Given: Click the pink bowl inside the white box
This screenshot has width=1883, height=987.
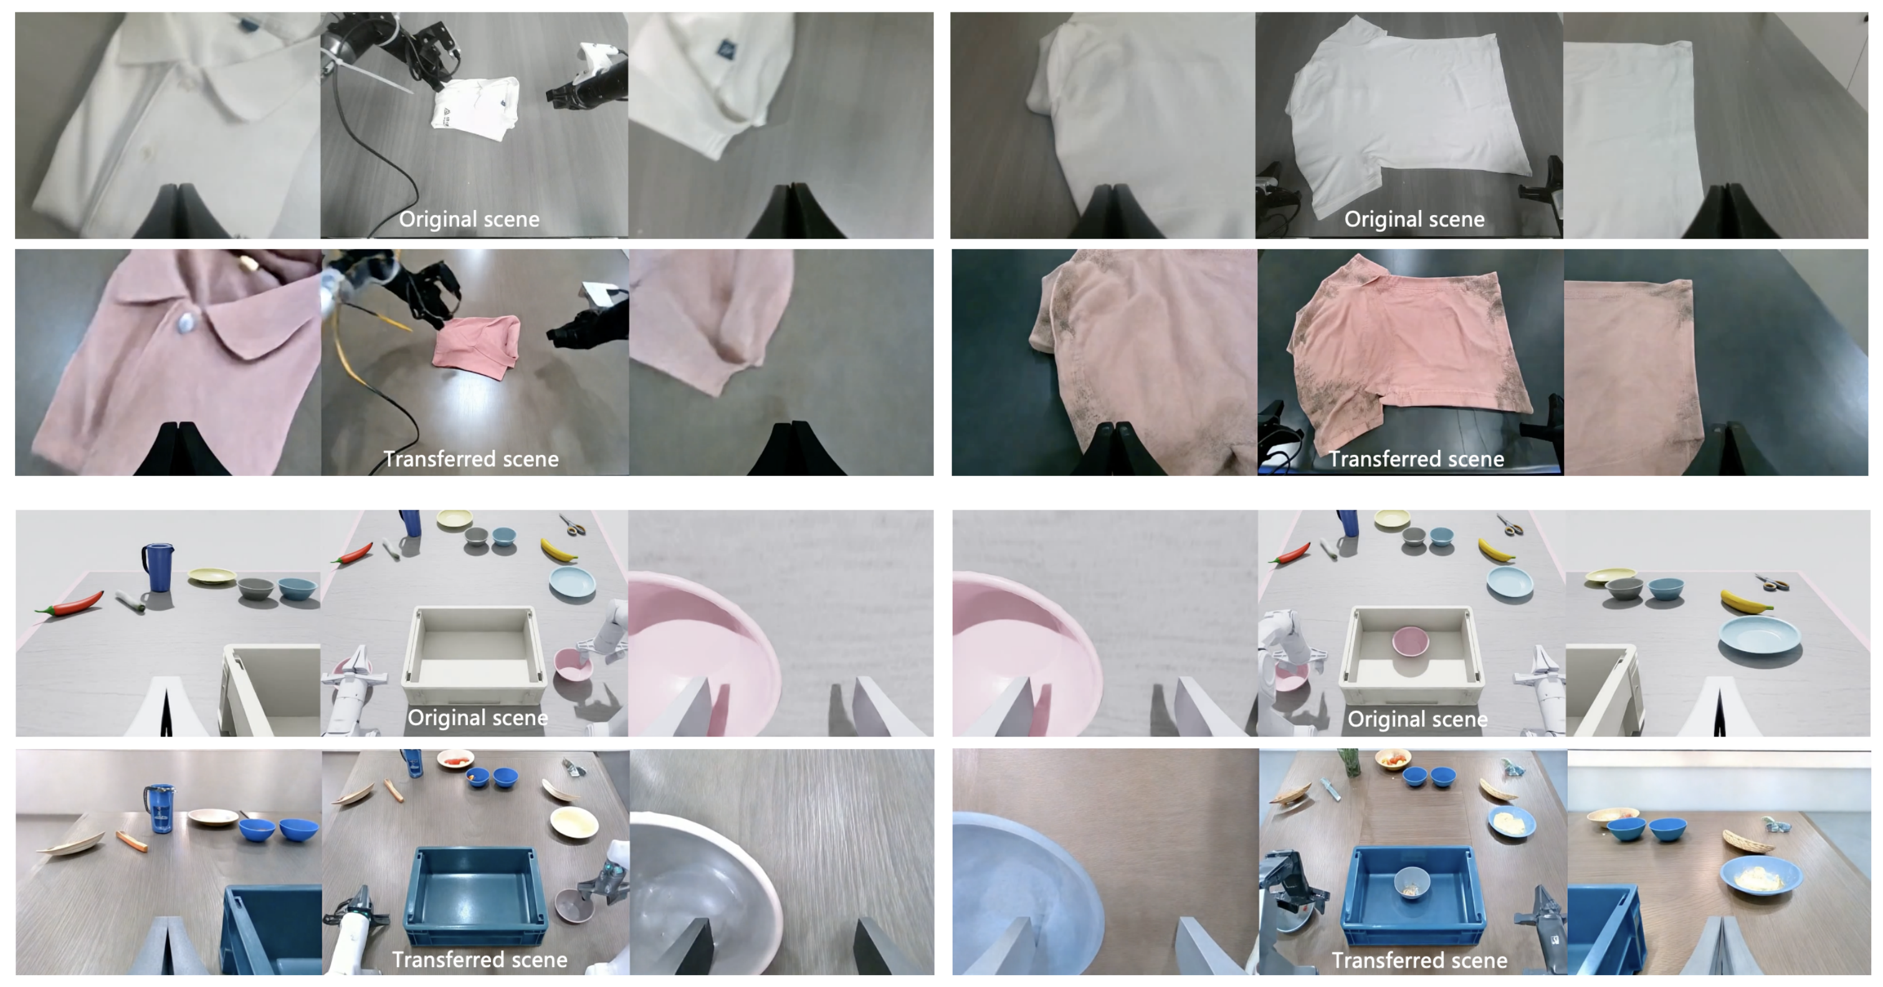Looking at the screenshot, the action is (1410, 641).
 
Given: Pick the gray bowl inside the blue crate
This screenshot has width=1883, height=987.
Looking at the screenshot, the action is (1411, 881).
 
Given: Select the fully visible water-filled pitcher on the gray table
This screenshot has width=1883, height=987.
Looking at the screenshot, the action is (159, 809).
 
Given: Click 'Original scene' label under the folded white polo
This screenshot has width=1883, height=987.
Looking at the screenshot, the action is (469, 219).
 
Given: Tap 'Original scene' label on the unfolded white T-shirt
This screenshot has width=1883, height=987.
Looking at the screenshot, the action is (1414, 219).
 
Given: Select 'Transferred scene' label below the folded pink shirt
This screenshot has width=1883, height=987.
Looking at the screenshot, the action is (471, 459).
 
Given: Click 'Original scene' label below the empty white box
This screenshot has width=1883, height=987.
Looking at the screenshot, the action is (478, 718).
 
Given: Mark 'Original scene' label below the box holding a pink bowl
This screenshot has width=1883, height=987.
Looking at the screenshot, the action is (1418, 720).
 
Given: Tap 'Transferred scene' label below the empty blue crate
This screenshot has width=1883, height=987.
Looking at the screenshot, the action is (480, 960).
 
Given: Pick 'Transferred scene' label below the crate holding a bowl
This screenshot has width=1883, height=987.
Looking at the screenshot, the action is (1419, 961).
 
